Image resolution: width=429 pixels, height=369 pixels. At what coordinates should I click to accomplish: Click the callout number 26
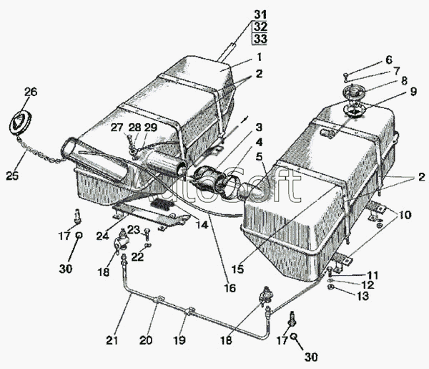coord(29,92)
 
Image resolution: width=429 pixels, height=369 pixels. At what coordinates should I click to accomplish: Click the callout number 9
coord(388,59)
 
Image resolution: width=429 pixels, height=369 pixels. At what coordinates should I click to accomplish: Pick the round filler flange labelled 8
coord(352,93)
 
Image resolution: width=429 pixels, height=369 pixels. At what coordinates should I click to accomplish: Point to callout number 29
coord(149,128)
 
